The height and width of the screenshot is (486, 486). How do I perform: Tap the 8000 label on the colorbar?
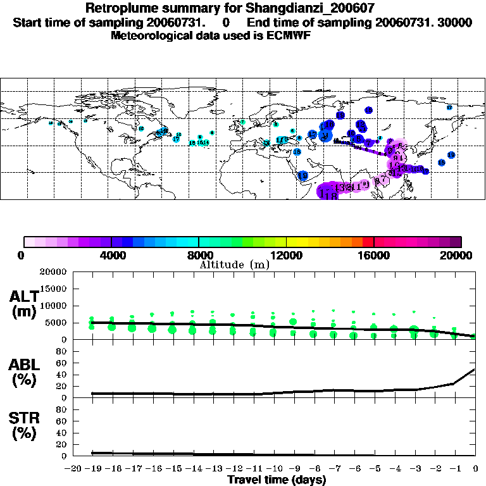(x=199, y=256)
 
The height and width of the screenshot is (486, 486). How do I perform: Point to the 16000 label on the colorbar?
(x=375, y=256)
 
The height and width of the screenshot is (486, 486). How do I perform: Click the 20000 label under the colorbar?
(x=461, y=256)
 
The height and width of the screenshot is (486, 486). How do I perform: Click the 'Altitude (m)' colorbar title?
(x=234, y=265)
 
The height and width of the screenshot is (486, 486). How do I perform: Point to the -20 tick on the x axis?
(x=73, y=469)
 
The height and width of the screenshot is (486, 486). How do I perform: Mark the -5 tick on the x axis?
(x=375, y=469)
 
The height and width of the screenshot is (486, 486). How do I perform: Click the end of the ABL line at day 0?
(x=475, y=370)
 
